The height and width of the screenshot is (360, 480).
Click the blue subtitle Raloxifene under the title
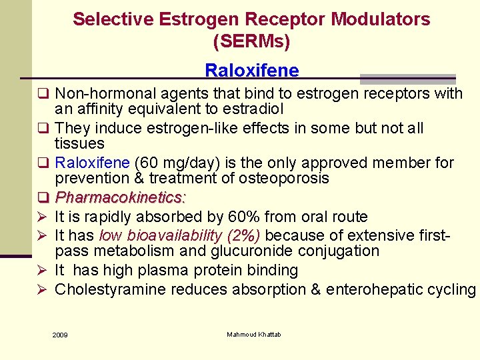[251, 70]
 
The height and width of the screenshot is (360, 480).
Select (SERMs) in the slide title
[251, 42]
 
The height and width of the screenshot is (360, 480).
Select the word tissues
[79, 144]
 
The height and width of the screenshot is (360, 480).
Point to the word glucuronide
[267, 251]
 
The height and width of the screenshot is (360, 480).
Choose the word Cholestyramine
[111, 289]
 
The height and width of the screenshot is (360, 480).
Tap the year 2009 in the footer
[60, 335]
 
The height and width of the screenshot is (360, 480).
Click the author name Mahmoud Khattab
[254, 334]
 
